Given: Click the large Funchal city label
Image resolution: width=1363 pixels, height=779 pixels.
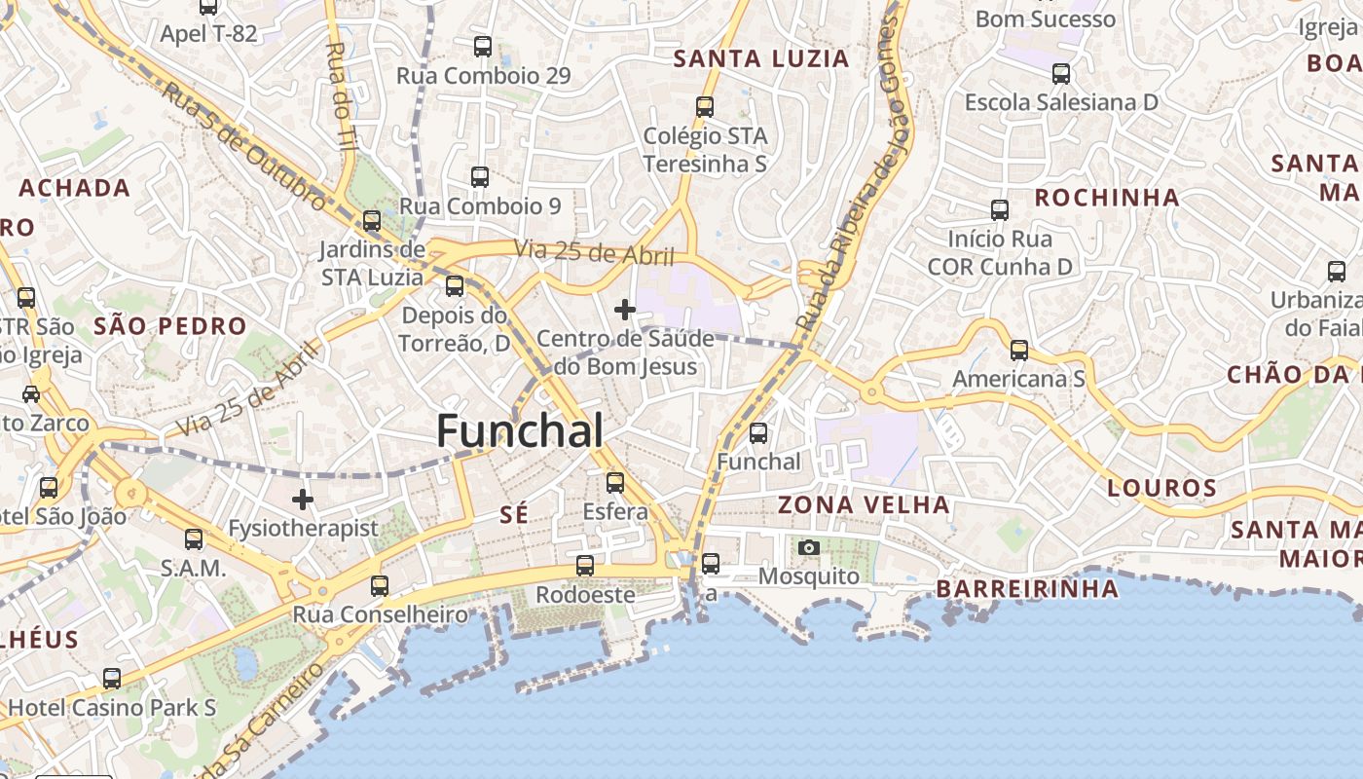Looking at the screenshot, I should click(519, 430).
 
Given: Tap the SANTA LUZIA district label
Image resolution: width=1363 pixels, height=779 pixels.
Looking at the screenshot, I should click(761, 58).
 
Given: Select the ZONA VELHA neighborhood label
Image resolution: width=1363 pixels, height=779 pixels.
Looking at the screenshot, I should click(864, 504).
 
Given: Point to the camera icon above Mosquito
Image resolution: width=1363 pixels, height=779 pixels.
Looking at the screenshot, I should click(808, 547).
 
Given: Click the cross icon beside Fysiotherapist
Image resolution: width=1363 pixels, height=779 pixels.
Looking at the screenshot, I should click(303, 500).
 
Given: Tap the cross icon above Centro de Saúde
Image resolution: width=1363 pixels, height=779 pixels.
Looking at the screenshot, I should click(625, 310).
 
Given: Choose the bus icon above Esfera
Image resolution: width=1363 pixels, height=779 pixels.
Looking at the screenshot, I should click(615, 482).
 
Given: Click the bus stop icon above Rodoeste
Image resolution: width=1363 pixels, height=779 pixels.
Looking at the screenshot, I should click(585, 565).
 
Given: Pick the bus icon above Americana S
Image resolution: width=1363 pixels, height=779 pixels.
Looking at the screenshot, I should click(1019, 350).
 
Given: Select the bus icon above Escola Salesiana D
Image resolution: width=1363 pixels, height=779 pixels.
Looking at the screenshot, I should click(1061, 73).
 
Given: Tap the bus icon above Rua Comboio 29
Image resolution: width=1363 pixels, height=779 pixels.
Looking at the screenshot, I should click(483, 46).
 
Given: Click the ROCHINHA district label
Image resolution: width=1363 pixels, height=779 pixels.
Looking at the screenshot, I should click(1107, 198).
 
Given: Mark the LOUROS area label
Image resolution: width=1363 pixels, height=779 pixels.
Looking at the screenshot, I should click(1162, 488).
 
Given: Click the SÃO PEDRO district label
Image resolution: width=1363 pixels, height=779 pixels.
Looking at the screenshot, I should click(170, 325).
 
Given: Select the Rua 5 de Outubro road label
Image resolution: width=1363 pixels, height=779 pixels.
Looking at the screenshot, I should click(244, 146).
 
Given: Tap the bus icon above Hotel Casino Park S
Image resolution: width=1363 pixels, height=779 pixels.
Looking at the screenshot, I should click(113, 679).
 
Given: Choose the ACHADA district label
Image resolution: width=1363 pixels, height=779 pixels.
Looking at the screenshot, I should click(74, 187).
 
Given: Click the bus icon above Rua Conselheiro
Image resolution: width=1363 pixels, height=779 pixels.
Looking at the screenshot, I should click(380, 586).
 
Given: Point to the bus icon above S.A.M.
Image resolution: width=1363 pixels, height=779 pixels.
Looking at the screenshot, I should click(194, 538).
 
